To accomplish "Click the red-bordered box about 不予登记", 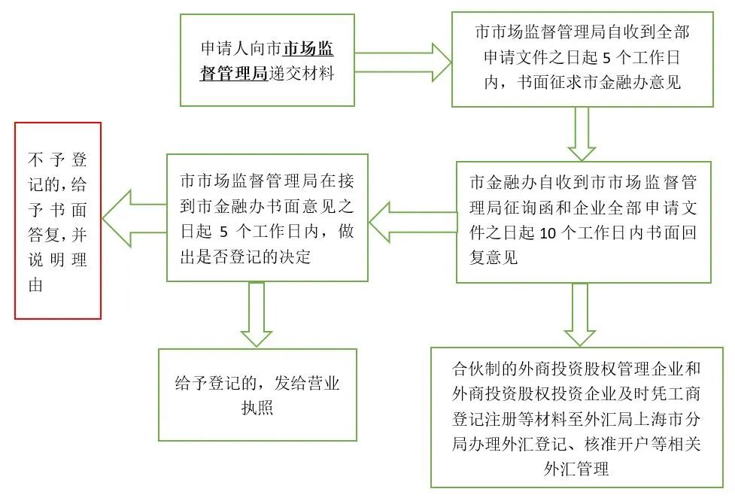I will click(58, 221).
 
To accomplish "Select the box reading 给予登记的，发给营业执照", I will click(257, 395).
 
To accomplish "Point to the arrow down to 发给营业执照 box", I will click(257, 314).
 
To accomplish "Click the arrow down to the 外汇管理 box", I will click(580, 314).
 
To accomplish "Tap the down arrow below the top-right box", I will click(580, 133).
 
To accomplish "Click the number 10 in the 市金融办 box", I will click(548, 233).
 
